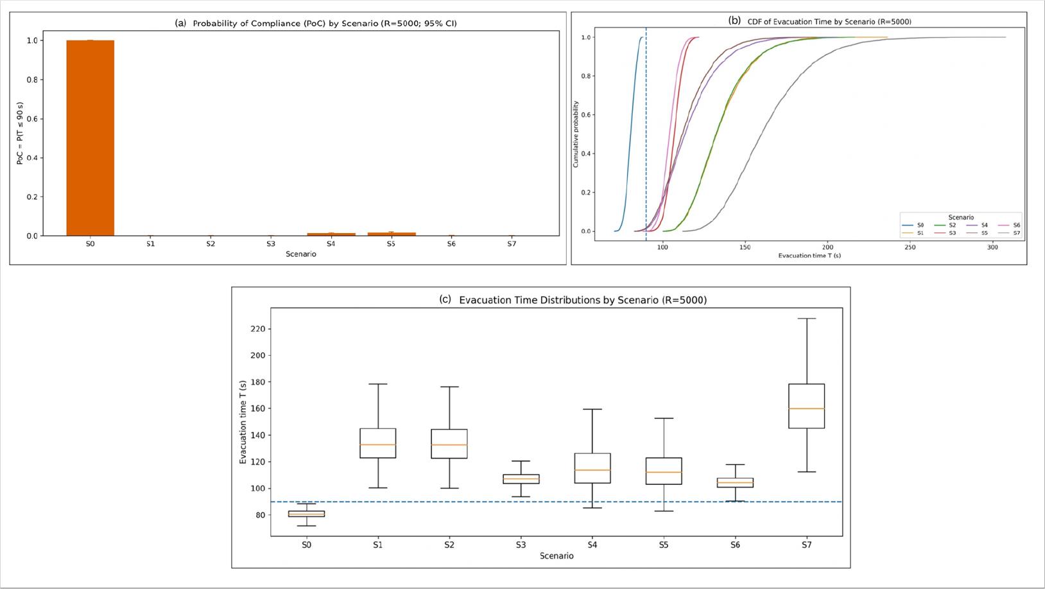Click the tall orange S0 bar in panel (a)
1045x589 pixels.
[x=91, y=138]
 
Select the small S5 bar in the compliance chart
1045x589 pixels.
[x=392, y=234]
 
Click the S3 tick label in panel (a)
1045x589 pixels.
[x=271, y=244]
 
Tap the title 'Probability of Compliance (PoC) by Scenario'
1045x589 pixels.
[x=325, y=23]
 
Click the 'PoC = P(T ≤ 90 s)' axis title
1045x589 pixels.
[x=20, y=133]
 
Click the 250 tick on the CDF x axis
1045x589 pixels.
[x=910, y=247]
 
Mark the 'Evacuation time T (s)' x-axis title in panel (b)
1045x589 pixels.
[x=809, y=256]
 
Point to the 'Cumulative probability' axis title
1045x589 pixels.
[x=576, y=134]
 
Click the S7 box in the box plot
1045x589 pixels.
[x=806, y=406]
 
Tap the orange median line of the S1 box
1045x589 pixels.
[x=377, y=444]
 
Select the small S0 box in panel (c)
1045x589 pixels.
[x=306, y=514]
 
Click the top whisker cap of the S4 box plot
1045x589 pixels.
[x=592, y=409]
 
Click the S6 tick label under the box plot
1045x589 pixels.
[x=735, y=545]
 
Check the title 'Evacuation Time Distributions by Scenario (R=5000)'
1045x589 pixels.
[x=583, y=300]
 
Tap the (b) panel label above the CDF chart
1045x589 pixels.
[x=734, y=21]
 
